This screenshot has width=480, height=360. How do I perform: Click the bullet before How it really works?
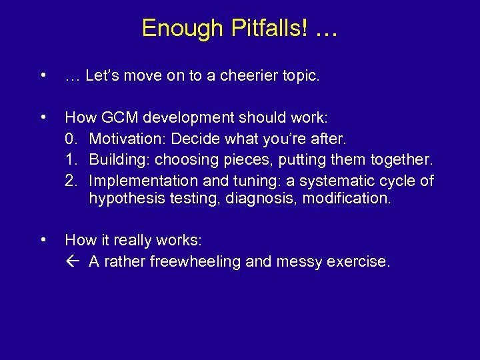(x=43, y=239)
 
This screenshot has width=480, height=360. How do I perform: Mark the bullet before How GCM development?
(x=43, y=117)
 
